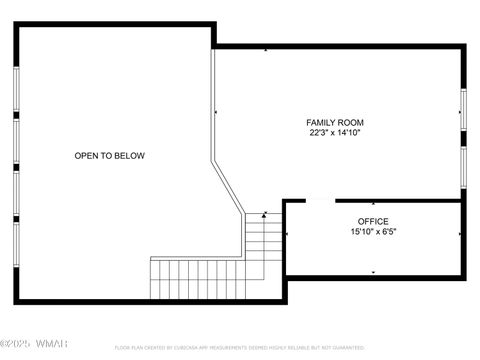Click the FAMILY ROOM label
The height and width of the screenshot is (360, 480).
click(334, 122)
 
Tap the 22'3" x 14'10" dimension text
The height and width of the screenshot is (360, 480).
click(334, 132)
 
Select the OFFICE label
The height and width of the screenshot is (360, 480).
click(373, 221)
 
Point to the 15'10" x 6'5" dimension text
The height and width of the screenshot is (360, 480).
click(373, 232)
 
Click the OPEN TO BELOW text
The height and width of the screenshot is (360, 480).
click(109, 155)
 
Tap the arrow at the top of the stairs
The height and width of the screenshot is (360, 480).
click(264, 214)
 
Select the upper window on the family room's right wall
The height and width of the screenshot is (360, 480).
click(463, 109)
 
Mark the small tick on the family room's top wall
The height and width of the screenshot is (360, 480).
click(265, 48)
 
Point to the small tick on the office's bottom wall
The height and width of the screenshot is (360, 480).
click(373, 272)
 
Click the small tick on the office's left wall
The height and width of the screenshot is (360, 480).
click(288, 235)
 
